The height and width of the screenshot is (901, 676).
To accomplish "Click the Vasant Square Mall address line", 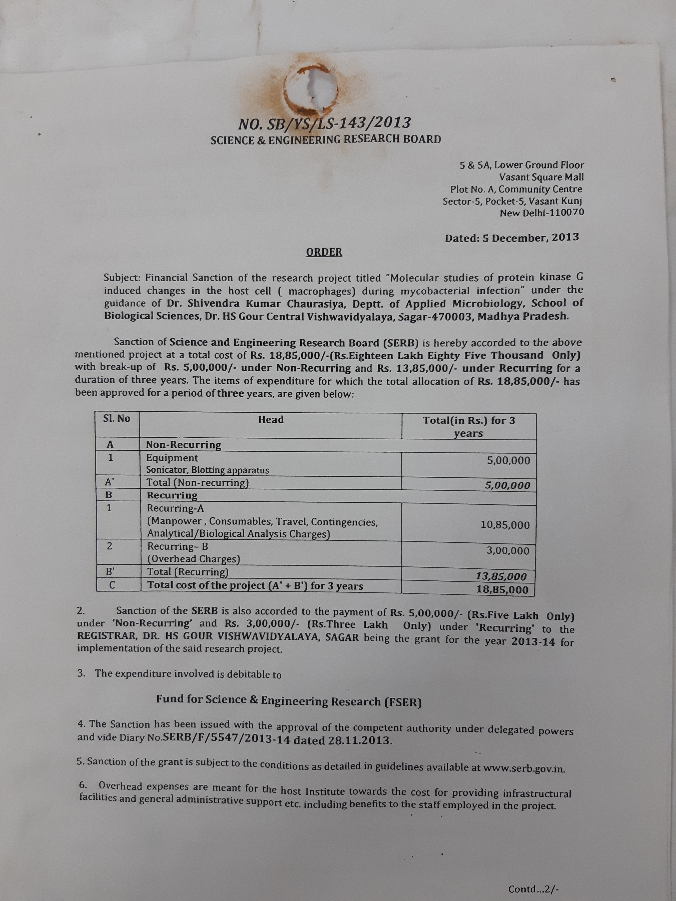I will pyautogui.click(x=541, y=177).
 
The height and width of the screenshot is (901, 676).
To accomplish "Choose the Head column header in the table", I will pyautogui.click(x=271, y=420).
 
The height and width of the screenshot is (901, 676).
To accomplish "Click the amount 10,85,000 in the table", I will pyautogui.click(x=505, y=525).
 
